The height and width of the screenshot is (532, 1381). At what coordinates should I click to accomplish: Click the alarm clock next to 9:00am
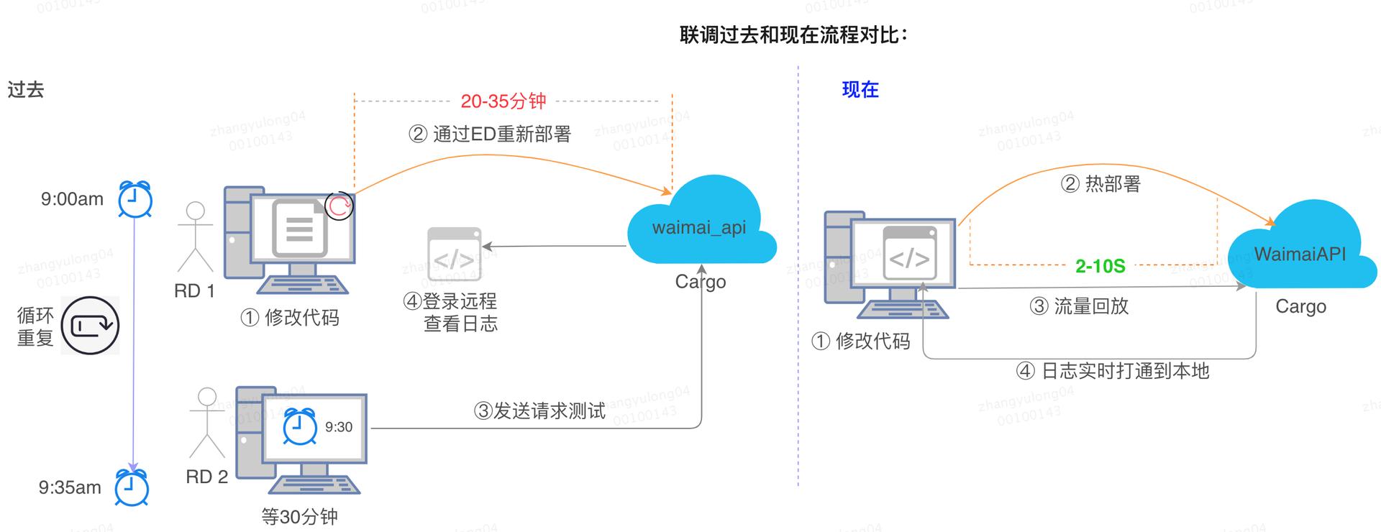(x=135, y=199)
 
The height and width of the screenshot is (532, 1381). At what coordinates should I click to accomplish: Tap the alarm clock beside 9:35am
(x=132, y=487)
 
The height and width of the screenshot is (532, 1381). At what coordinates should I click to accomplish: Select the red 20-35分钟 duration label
(x=503, y=101)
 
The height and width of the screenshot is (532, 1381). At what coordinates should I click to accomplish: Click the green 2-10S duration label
(x=1100, y=267)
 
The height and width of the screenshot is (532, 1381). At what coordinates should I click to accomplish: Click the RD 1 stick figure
(x=195, y=237)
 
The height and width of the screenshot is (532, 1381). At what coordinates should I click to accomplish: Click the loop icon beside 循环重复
(x=90, y=326)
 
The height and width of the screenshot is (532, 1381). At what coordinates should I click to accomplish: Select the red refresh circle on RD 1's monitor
(x=339, y=206)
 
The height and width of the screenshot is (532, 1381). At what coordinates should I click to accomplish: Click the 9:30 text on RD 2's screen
(x=339, y=427)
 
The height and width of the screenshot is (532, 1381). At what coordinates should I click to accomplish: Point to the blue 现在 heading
(x=860, y=90)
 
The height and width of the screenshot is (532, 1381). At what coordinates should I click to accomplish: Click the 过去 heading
(x=26, y=90)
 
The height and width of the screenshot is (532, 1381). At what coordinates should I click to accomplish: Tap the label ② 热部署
(x=1100, y=184)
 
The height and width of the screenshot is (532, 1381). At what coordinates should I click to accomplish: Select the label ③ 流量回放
(x=1079, y=306)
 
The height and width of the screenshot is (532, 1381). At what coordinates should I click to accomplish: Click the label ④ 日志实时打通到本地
(x=1112, y=371)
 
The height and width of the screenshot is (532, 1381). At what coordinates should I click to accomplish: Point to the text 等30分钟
(x=299, y=516)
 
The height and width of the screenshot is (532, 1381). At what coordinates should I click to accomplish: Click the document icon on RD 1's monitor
(x=300, y=229)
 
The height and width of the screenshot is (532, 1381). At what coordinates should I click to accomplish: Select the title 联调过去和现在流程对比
(x=793, y=35)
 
